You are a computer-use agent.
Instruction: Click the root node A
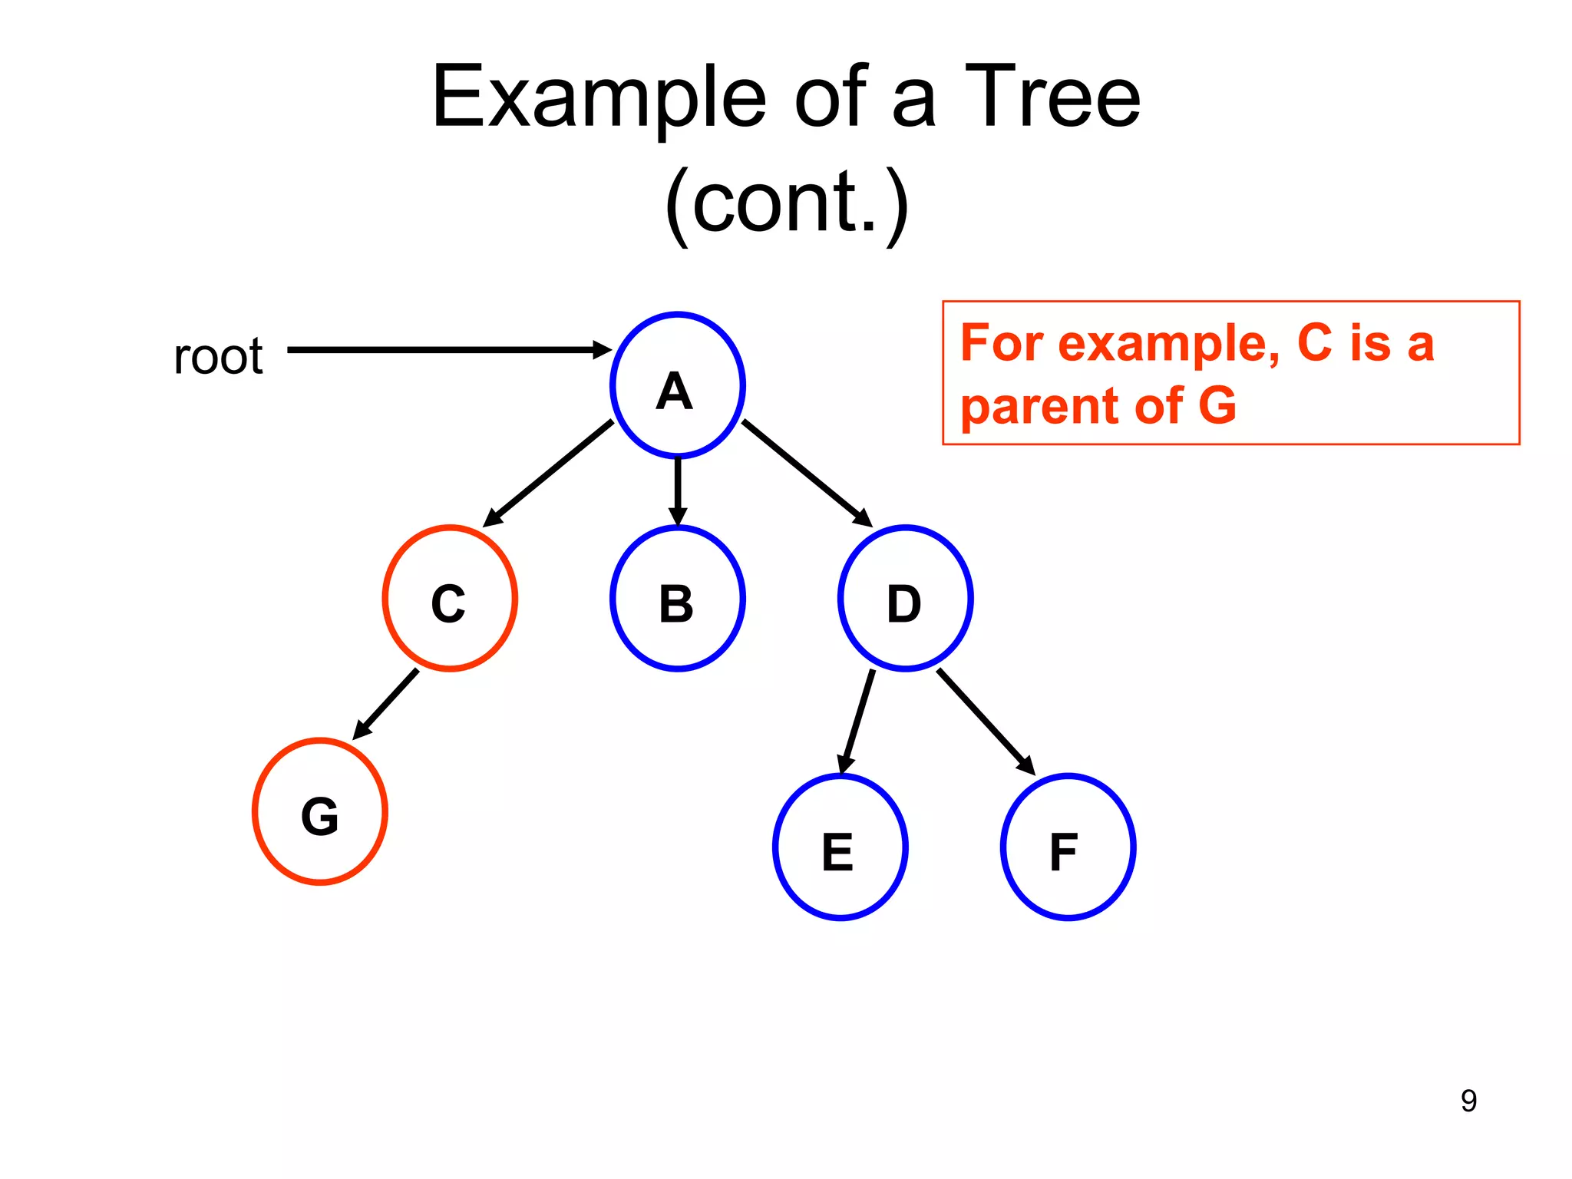pos(677,385)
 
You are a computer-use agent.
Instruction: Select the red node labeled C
pos(450,599)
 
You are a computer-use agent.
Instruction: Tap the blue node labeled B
pos(677,599)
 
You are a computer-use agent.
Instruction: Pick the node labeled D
pos(905,599)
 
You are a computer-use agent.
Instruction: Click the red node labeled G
pos(319,812)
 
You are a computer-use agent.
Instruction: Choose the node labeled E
pos(840,847)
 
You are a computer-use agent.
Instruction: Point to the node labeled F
pos(1068,847)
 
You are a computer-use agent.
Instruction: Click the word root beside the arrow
pos(218,356)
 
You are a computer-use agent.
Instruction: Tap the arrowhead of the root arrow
pos(603,350)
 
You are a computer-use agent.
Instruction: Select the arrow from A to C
pos(549,473)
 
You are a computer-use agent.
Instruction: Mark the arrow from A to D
pos(806,473)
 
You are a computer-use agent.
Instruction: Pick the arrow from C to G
pos(387,703)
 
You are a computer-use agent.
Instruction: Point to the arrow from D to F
pos(985,720)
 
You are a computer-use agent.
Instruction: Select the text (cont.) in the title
pos(786,203)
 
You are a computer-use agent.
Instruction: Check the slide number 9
pos(1468,1101)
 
